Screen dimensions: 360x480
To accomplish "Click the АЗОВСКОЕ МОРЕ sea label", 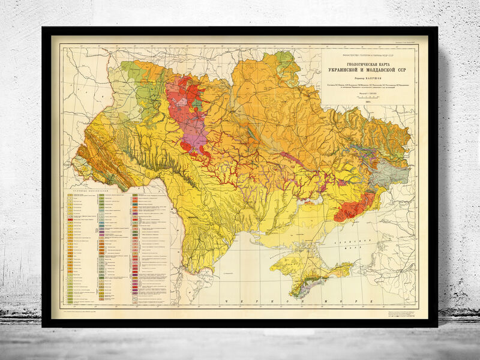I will coord(365,250).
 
